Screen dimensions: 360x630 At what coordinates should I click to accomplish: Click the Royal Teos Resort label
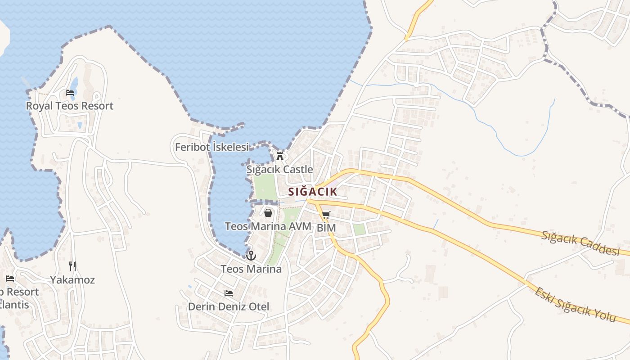(70, 106)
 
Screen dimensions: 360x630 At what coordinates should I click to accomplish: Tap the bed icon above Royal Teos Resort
(70, 93)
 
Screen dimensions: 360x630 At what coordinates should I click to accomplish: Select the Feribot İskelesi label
(211, 147)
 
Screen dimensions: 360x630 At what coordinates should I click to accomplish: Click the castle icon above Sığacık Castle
(280, 156)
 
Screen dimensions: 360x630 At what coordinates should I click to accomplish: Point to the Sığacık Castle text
(279, 170)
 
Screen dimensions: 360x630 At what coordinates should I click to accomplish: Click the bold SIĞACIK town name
(313, 192)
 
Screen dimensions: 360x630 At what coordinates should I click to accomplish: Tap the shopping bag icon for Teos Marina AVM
(268, 212)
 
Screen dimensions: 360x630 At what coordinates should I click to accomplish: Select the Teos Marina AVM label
(268, 226)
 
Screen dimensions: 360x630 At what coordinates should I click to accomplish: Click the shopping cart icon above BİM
(326, 215)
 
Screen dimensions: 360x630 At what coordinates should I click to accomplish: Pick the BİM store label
(326, 228)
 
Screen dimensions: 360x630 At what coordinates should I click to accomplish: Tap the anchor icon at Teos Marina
(251, 256)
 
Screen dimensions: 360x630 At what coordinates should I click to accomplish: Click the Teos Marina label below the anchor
(251, 269)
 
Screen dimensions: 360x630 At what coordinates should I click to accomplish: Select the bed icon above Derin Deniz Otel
(229, 293)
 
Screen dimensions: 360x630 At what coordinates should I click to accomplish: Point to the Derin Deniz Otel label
(229, 307)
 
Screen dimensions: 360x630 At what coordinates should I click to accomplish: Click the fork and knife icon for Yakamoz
(72, 266)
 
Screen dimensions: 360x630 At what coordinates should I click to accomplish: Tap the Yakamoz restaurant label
(72, 280)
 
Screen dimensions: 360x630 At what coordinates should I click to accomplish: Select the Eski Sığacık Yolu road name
(575, 305)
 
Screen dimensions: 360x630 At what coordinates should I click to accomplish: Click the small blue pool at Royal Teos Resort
(74, 84)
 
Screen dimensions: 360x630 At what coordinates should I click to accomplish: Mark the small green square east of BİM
(359, 229)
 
